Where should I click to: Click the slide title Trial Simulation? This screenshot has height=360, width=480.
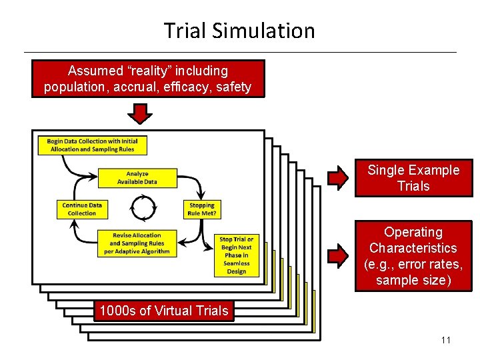pos(239,31)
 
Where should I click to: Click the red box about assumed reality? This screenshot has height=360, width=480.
pos(148,79)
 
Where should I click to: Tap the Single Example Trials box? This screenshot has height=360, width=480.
pos(413,178)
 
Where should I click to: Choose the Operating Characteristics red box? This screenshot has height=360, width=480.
pos(413,256)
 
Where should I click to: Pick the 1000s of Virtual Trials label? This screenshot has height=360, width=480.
pos(163,311)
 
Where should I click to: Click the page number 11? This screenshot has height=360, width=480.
pos(446,341)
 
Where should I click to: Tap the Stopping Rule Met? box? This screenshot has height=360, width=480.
pos(201,209)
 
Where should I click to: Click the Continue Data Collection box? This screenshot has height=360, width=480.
pos(82,209)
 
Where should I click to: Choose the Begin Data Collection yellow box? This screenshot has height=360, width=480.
pos(93,145)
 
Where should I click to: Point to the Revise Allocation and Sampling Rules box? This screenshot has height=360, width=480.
pos(137,243)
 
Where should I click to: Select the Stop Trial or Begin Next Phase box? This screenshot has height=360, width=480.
pos(236,255)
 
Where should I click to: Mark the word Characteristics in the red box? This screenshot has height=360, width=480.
pos(413,248)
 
